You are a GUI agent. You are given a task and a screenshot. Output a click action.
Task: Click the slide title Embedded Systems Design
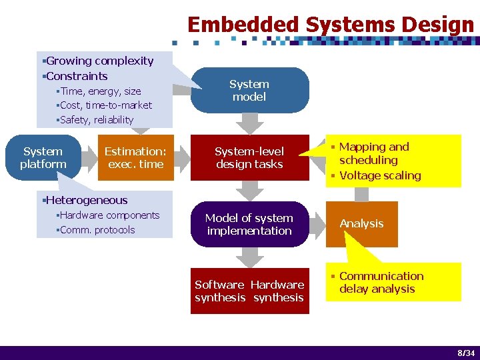coord(330,25)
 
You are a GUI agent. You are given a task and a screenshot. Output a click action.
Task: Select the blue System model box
coord(249,90)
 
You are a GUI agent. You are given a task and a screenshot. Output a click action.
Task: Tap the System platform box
coord(43,158)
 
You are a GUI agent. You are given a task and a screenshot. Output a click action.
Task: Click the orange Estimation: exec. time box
coord(135,158)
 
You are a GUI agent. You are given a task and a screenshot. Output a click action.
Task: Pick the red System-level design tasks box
coord(249,158)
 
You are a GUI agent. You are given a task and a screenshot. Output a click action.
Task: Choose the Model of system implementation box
coord(249,224)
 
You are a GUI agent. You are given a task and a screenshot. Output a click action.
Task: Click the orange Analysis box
coord(361,224)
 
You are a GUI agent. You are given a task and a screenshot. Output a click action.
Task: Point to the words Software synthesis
coord(219,291)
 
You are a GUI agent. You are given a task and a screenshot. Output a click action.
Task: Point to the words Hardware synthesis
coord(278,291)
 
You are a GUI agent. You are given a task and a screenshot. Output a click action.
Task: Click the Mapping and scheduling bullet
coord(373,153)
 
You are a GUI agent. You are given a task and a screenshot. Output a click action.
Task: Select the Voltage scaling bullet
coord(380,175)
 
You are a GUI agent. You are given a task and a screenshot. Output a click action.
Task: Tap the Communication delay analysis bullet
coord(381,282)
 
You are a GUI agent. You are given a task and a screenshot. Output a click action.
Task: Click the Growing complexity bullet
coord(99,61)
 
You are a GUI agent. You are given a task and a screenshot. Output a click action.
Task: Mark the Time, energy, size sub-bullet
coord(101,91)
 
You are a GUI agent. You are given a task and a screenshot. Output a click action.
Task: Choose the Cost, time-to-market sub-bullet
coord(105,105)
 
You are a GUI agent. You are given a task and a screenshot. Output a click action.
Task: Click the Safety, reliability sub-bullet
coord(96,120)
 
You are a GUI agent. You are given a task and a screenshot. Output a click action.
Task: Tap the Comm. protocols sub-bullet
coord(97,230)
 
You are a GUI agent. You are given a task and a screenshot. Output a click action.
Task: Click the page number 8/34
coord(466,352)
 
